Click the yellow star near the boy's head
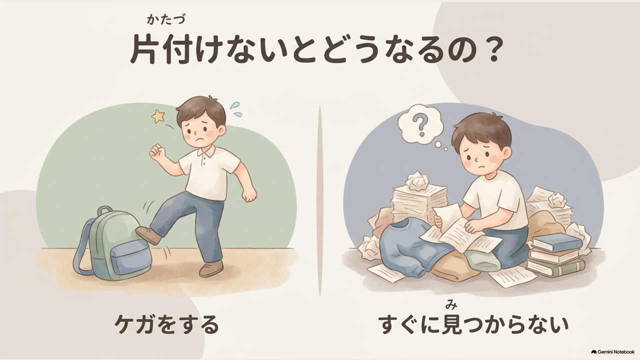click(x=158, y=116)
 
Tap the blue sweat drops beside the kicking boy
click(x=236, y=109)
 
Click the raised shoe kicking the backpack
click(x=147, y=235)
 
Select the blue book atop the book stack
click(x=556, y=243)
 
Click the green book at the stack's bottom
click(x=555, y=269)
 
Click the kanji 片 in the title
click(x=143, y=51)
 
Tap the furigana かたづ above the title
click(x=166, y=19)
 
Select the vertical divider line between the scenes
click(x=320, y=201)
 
